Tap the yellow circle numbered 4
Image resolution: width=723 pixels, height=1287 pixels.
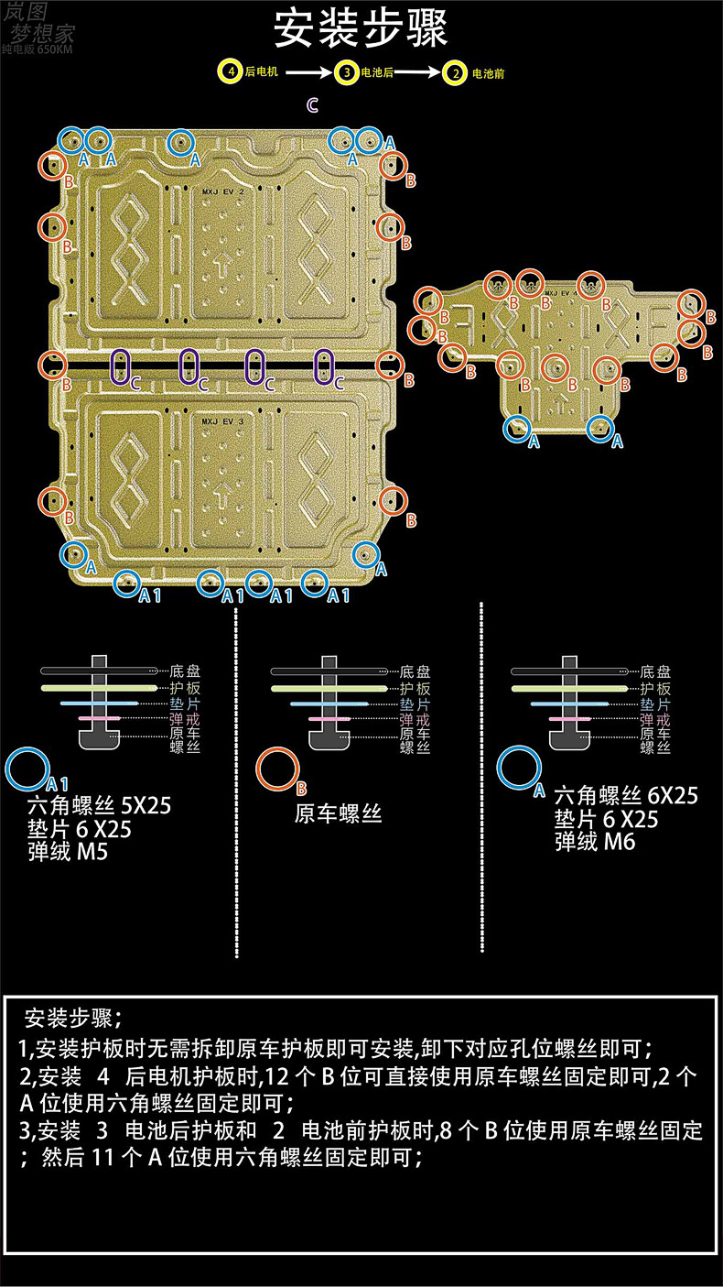click(x=231, y=71)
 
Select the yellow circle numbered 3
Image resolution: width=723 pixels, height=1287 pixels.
click(x=345, y=72)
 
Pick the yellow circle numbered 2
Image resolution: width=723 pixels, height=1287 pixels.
click(x=455, y=72)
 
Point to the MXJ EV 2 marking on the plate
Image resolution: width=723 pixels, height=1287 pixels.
click(x=222, y=193)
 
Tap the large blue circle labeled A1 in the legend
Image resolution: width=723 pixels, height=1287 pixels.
click(x=28, y=769)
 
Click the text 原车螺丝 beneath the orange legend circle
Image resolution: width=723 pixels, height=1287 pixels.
click(x=338, y=813)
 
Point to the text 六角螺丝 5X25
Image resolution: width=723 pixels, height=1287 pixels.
click(x=100, y=807)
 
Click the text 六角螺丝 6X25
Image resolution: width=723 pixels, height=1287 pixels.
click(x=626, y=795)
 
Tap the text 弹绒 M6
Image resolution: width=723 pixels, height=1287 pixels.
click(x=594, y=842)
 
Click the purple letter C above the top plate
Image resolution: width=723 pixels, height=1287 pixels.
click(x=312, y=106)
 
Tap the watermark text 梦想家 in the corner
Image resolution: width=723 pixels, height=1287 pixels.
click(x=43, y=33)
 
